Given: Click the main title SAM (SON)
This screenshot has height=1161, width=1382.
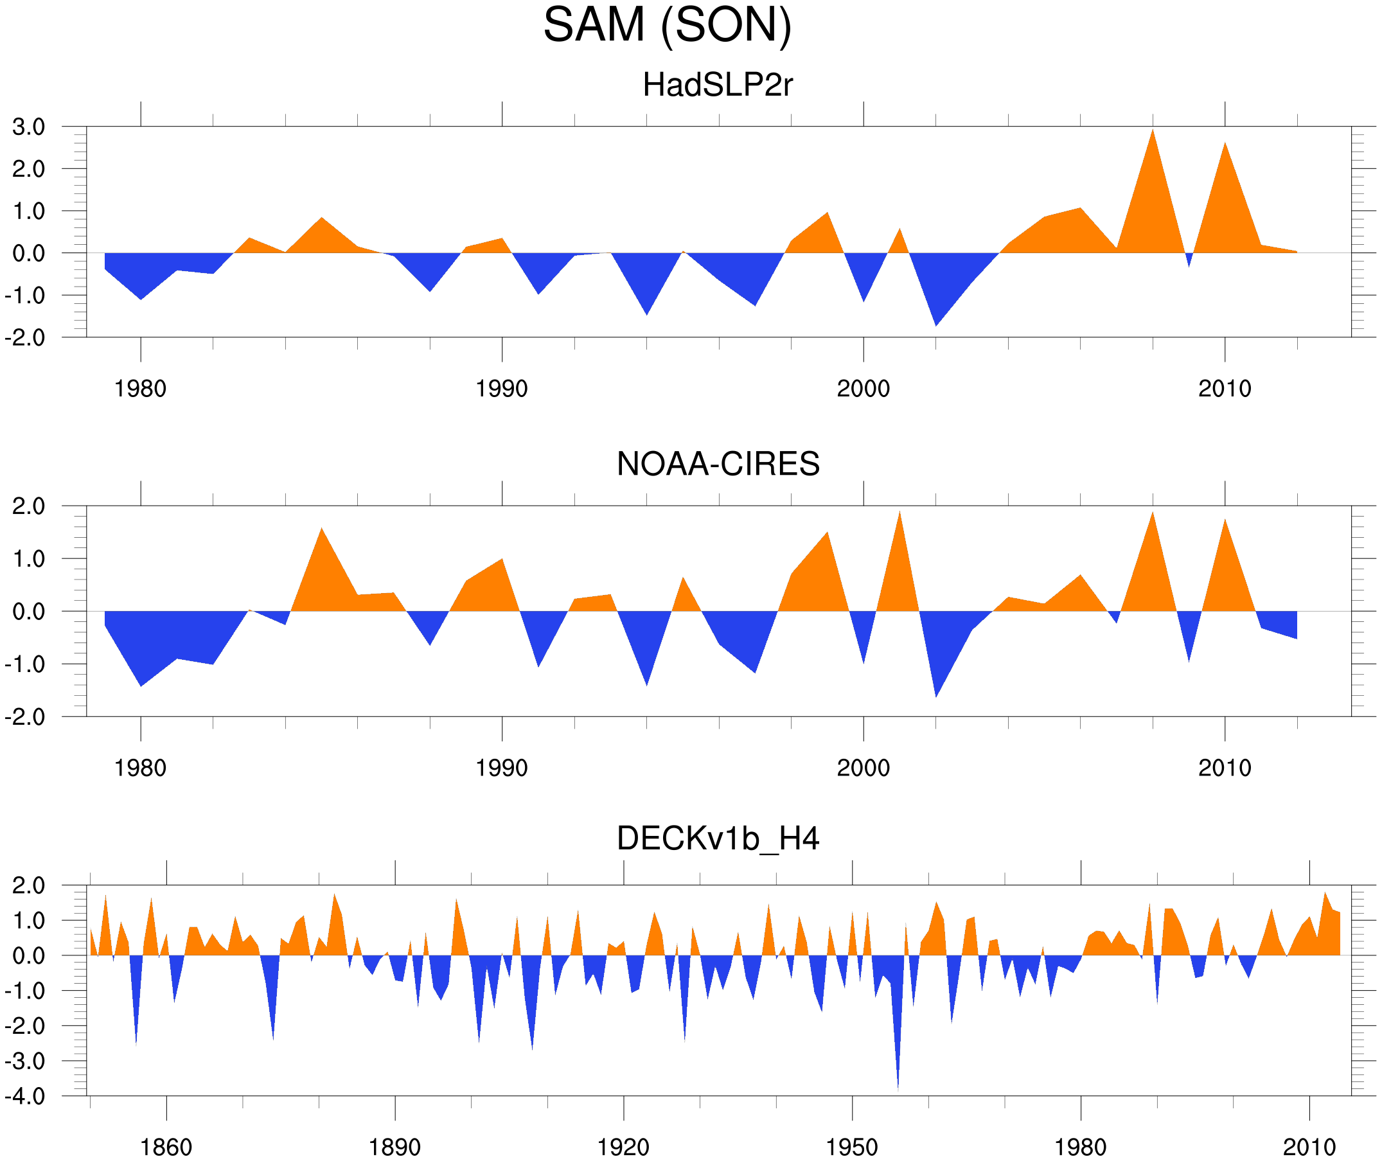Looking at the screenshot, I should click(667, 25).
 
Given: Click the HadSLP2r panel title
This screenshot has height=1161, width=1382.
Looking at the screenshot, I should click(717, 85).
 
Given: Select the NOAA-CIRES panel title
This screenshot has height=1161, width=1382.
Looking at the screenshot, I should click(717, 464).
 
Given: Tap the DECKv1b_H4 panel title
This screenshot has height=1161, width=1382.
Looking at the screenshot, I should click(717, 838).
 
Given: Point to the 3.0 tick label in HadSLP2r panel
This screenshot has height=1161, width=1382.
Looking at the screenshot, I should click(29, 127).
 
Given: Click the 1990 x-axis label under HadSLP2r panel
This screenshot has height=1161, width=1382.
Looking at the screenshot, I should click(502, 389).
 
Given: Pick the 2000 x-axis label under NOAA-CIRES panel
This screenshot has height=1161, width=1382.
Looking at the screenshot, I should click(863, 768).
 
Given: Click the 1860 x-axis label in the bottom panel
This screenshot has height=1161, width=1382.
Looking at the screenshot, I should click(166, 1147).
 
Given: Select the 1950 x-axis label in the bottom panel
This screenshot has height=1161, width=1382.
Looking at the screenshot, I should click(851, 1147).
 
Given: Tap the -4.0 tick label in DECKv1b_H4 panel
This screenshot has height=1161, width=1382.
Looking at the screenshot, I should click(25, 1097).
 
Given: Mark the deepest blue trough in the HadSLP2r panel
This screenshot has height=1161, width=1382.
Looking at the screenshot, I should click(936, 324).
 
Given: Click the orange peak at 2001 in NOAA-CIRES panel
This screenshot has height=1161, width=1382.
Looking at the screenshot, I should click(899, 514).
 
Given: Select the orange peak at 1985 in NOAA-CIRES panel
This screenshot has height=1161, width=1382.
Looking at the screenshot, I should click(321, 531).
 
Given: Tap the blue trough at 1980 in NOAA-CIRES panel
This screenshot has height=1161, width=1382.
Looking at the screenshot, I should click(141, 684).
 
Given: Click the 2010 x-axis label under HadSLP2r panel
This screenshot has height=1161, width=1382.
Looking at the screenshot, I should click(1224, 389).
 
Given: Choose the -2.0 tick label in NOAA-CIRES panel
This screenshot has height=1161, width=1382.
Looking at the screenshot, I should click(25, 718).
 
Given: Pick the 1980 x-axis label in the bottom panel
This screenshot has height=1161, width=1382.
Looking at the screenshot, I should click(1080, 1147).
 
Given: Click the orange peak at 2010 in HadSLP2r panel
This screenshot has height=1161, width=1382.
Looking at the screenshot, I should click(1225, 145).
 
